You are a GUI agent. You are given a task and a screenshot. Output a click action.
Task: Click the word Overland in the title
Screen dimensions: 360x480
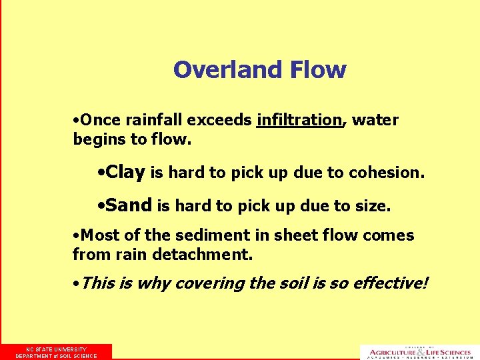(x=219, y=69)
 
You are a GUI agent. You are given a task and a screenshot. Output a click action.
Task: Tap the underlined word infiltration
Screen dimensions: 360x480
(x=299, y=120)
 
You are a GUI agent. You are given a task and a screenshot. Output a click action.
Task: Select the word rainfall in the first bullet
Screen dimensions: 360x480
(x=155, y=120)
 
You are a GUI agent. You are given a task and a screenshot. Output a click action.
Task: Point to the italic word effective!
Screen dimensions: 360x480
(x=390, y=283)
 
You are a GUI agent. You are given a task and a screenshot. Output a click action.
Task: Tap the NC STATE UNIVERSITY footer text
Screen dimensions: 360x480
(x=56, y=349)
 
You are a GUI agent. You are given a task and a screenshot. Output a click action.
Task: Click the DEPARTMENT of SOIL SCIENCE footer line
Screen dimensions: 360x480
(x=56, y=356)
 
